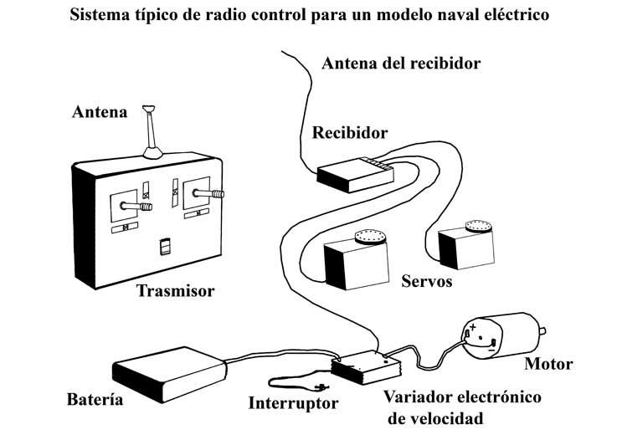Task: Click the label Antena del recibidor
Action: tap(401, 63)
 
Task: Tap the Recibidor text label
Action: tap(350, 132)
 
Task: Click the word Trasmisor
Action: tap(176, 291)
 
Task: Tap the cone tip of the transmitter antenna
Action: tap(149, 108)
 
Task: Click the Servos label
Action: tap(426, 281)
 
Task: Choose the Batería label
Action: tap(95, 400)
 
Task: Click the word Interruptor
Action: tap(293, 403)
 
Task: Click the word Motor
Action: tap(548, 364)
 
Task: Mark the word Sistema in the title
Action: tap(102, 15)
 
